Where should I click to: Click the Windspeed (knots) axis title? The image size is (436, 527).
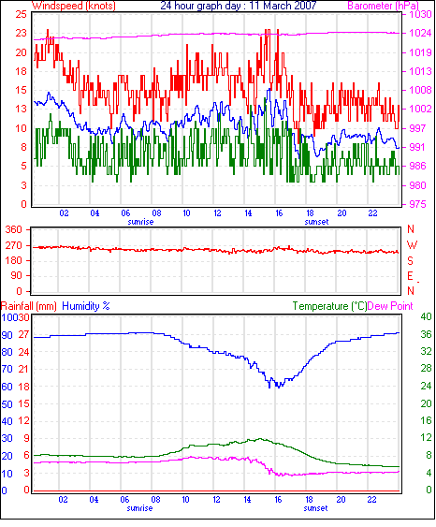point(74,6)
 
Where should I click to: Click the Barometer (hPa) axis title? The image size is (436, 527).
point(383,6)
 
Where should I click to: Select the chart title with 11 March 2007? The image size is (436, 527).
point(239,6)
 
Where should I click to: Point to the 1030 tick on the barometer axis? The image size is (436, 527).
point(420,14)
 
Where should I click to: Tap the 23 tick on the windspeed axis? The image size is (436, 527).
point(21,33)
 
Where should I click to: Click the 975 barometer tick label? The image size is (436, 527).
point(417,204)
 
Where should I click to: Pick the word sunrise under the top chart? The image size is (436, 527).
point(140,222)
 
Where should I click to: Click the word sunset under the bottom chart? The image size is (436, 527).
point(315,508)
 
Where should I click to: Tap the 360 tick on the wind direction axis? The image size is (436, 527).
point(14,230)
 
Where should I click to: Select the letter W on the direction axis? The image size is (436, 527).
point(412,245)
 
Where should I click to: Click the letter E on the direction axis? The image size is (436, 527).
point(410,276)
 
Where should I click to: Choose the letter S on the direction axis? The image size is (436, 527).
point(410,260)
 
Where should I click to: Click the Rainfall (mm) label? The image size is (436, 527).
point(29,306)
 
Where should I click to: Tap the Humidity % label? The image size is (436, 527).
point(86,306)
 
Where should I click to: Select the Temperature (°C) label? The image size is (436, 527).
point(329,306)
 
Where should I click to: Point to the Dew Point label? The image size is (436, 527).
point(390,306)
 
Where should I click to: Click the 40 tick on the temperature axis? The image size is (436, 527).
point(426,316)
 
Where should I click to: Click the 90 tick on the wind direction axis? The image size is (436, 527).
point(15,276)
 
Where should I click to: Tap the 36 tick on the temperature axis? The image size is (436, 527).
point(426,334)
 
